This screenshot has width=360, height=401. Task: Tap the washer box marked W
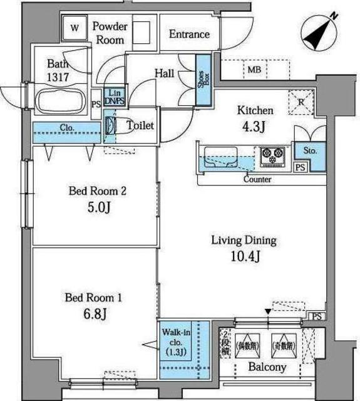(75, 28)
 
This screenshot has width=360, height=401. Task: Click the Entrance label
(189, 34)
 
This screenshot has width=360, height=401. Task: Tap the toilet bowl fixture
(111, 126)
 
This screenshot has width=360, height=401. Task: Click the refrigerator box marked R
(301, 100)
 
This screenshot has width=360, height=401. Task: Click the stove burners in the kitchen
(272, 155)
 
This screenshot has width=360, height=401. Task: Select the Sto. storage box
(311, 151)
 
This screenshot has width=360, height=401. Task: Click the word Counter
(257, 179)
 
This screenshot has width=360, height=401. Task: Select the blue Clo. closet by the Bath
(67, 128)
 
